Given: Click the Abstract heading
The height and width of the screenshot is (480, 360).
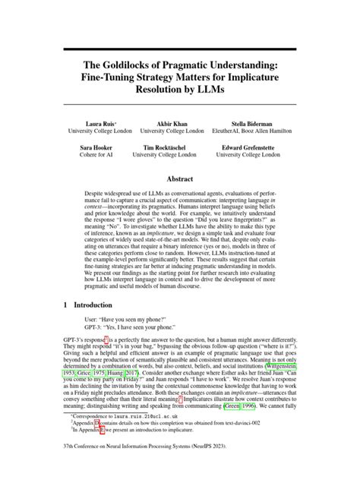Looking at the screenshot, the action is [x=179, y=179].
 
